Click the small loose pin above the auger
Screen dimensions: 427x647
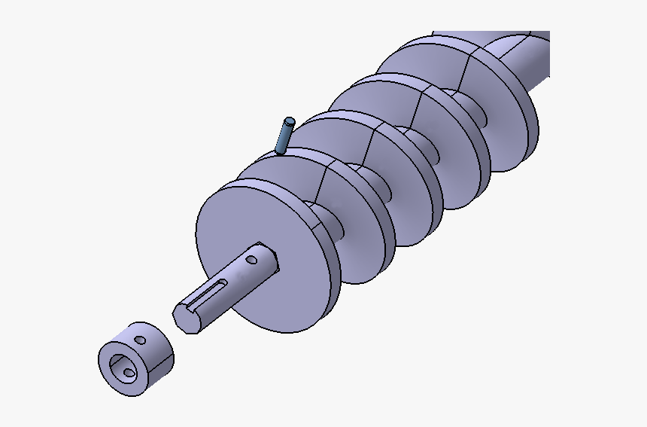pyautogui.click(x=284, y=136)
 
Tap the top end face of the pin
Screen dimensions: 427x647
pyautogui.click(x=288, y=120)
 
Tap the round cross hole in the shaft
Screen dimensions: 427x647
pyautogui.click(x=251, y=261)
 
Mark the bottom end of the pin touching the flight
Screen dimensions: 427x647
pyautogui.click(x=281, y=151)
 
